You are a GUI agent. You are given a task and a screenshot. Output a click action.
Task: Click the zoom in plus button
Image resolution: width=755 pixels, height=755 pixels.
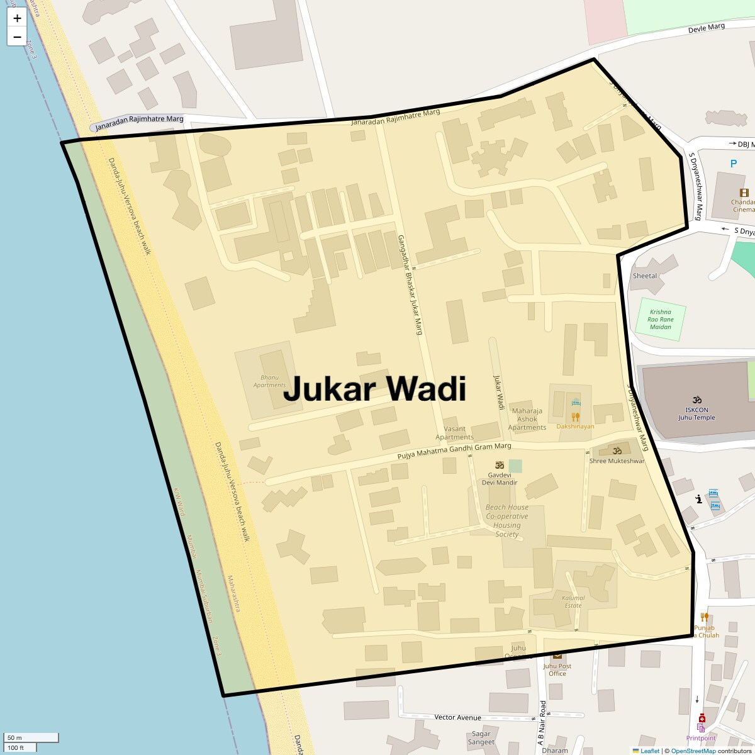pos(17,18)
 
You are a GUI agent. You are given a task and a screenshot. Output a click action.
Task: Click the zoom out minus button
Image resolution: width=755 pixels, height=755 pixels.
pos(17,36)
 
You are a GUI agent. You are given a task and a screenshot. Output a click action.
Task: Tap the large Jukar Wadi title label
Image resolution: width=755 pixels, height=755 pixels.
pos(374,388)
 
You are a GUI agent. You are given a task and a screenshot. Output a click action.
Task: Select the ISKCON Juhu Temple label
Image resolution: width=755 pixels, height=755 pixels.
pos(696,413)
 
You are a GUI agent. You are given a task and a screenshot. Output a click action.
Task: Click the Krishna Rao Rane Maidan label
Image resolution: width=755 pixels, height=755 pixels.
pos(661,319)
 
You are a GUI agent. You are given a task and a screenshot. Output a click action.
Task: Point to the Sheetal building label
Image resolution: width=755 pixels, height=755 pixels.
pos(645,276)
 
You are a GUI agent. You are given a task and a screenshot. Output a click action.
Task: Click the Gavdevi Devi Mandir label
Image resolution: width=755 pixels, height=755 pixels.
pos(499,478)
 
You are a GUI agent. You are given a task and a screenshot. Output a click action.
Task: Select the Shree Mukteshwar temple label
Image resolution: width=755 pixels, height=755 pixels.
pos(617,461)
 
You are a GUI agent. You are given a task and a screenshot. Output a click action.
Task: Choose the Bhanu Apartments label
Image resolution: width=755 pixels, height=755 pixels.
pos(270,381)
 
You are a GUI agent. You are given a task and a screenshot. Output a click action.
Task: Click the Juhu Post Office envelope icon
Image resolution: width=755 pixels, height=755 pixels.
pos(557,656)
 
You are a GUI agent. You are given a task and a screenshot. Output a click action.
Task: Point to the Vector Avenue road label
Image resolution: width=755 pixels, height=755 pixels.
pos(457,717)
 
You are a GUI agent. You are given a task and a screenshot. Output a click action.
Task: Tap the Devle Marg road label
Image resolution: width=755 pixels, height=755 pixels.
pos(706,28)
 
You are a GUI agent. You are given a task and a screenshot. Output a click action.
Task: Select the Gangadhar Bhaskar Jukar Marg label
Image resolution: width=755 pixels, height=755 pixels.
pos(409,284)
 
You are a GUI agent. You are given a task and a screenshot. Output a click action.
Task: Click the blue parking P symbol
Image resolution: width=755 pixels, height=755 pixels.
pos(733,164)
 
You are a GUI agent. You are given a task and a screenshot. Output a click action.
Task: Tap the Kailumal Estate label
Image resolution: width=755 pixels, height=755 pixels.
pos(573,601)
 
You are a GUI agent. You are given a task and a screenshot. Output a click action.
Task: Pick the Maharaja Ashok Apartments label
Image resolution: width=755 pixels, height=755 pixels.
pos(527,419)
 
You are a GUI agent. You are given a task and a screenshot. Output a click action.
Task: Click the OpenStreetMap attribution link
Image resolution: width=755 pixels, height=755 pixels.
pos(693,751)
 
